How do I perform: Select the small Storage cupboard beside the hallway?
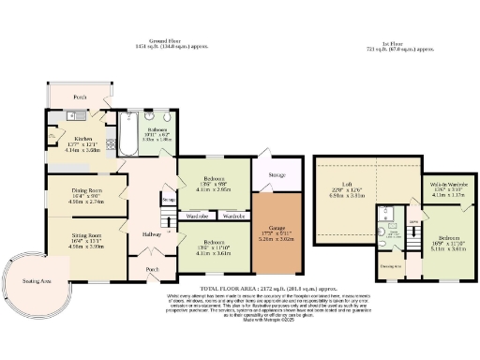click(169, 200)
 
